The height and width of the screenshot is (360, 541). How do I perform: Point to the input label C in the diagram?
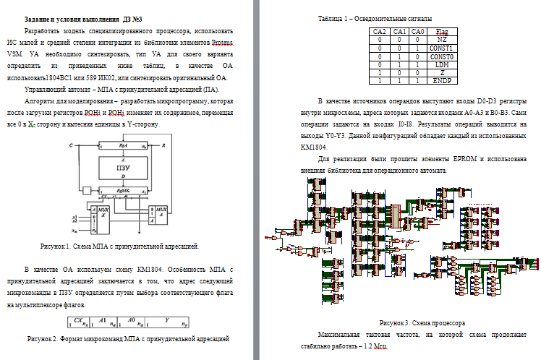coord(70,145)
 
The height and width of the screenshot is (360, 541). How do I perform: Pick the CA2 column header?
coord(380,32)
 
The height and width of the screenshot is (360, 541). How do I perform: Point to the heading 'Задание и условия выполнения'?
coord(69,18)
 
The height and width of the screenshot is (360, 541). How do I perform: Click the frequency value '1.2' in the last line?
coord(372,348)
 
